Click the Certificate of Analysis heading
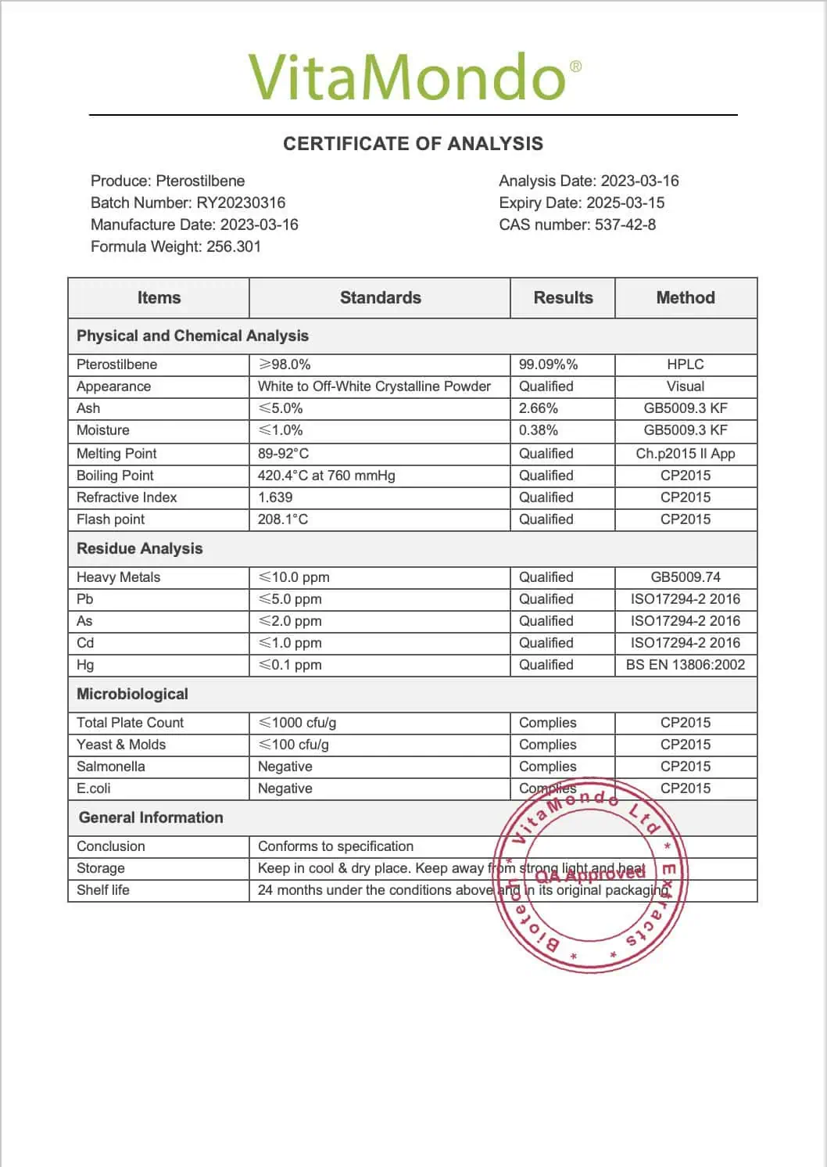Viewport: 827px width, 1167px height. [413, 144]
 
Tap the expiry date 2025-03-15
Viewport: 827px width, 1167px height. [625, 203]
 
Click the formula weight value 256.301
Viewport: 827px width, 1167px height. [234, 246]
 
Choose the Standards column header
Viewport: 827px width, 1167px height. [380, 298]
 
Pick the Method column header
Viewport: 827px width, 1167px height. [686, 298]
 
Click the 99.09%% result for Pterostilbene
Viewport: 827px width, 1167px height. [548, 364]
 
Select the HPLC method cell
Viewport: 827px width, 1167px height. [686, 364]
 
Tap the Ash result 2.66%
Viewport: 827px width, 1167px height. [539, 408]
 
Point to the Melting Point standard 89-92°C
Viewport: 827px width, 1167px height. [283, 454]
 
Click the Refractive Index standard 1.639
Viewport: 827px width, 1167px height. [275, 497]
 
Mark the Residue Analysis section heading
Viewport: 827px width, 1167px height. [139, 549]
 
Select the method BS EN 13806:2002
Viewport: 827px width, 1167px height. [686, 665]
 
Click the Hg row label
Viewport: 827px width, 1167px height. [85, 665]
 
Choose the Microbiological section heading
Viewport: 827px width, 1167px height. [132, 695]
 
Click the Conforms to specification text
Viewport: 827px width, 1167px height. [335, 846]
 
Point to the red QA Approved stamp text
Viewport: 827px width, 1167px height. [590, 874]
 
